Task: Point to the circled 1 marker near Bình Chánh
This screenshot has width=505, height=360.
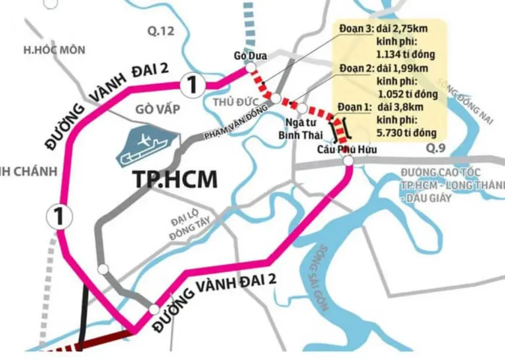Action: (x=57, y=215)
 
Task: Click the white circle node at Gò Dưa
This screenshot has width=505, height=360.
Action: (x=250, y=68)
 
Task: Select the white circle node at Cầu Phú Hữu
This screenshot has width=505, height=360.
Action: (x=349, y=160)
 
